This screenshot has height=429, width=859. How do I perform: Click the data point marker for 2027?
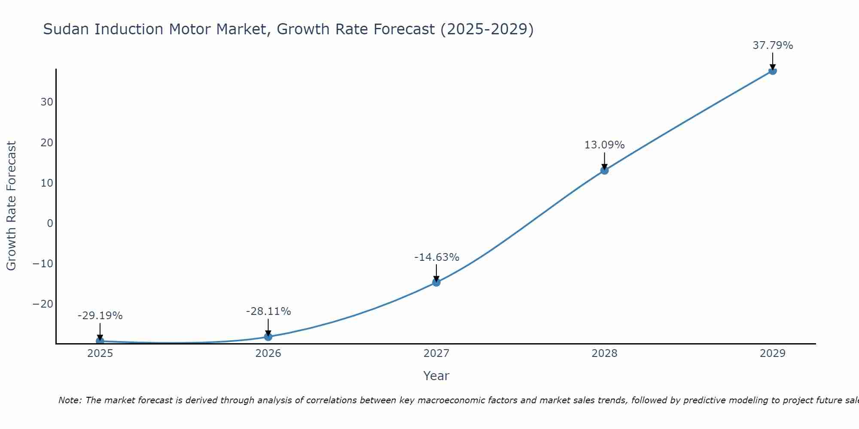point(436,282)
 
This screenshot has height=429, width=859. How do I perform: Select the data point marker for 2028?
point(604,170)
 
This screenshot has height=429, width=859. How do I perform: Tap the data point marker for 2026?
point(268,337)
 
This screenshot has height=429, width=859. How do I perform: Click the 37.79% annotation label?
point(773,45)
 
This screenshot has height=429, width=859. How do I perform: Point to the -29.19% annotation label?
point(100,316)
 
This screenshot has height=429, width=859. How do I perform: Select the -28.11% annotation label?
point(268,311)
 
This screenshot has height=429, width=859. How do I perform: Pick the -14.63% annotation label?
point(437,257)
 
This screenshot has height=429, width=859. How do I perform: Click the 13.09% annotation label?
point(604,145)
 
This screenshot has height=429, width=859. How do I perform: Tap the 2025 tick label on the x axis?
point(100,353)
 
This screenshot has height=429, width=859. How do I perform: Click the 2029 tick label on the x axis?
point(772,353)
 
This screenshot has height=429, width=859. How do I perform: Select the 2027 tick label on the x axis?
point(436,353)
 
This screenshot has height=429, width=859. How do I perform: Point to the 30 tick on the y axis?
point(47,102)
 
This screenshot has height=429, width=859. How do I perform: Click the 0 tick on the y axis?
point(50,223)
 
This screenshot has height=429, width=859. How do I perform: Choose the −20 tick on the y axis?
point(43,304)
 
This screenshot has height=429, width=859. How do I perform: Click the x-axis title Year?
point(436,376)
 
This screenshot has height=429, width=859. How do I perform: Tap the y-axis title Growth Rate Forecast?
point(11,206)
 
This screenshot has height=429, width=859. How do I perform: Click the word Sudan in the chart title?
point(67,29)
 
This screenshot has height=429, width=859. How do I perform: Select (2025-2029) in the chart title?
point(487,29)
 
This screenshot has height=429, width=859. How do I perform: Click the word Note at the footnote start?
point(70,400)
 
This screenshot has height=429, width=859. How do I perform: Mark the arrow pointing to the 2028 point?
point(604,161)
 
